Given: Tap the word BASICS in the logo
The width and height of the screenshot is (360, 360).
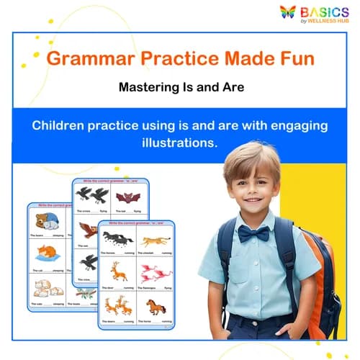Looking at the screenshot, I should (x=326, y=11).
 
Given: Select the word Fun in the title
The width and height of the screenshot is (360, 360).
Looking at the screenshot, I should (x=297, y=59).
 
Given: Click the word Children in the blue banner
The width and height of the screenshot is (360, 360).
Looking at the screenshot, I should (x=62, y=125).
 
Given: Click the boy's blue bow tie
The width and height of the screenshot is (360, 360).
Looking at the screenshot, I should (x=253, y=233).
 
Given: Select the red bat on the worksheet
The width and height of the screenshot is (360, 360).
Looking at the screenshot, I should (x=130, y=197).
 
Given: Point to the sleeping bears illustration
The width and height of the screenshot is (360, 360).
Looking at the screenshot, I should (x=47, y=221).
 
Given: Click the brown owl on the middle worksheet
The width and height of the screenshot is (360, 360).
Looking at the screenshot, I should (x=87, y=230).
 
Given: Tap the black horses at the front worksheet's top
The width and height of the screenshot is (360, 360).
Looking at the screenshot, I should (x=117, y=238).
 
